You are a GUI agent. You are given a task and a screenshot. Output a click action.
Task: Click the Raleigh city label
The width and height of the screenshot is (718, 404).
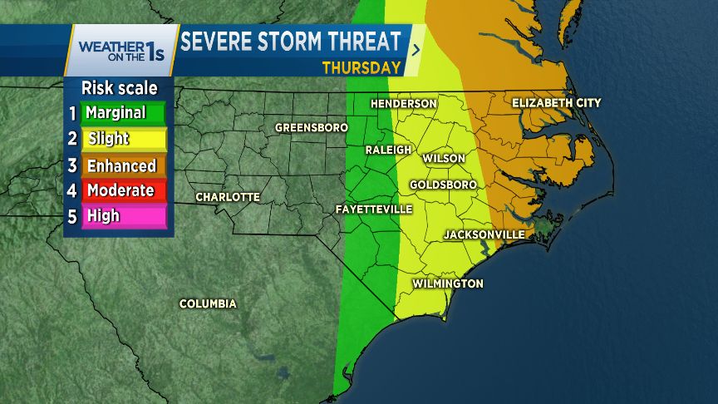click(389, 150)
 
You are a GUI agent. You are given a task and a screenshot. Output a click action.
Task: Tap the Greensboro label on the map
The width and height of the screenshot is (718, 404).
click(310, 128)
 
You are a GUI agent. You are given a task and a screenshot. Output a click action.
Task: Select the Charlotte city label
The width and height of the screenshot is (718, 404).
click(228, 197)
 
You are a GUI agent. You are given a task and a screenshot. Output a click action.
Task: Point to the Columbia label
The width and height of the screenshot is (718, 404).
click(208, 303)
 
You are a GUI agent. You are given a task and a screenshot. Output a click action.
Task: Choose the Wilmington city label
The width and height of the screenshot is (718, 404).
click(448, 283)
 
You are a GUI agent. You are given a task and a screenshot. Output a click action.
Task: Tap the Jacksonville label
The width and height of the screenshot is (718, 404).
click(484, 234)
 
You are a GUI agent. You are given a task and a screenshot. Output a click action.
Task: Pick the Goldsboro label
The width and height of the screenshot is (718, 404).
click(443, 184)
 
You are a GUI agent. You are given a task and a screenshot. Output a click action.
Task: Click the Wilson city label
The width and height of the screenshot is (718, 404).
click(444, 158)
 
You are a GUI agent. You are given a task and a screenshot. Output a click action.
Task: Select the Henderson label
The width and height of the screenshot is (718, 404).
click(403, 103)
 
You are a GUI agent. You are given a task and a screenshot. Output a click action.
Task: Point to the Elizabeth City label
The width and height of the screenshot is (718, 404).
click(556, 102)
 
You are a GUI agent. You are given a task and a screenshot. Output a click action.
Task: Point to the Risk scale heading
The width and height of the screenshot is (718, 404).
click(119, 88)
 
